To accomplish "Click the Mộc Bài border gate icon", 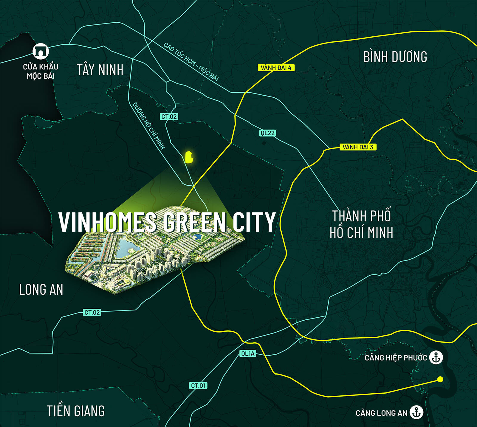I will pos(41,51).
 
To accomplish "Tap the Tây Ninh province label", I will pos(100,70).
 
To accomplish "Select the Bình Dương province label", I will pos(395,57).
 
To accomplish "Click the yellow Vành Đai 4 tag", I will pos(276,68).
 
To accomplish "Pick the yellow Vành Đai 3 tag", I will pos(358,147).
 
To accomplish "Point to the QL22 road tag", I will pos(267,133).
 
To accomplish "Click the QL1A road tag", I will pos(248,353).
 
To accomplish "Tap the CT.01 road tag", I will pos(198,385).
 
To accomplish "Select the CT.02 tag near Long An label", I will pos(92,312).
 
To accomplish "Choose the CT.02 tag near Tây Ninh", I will pos(169,117).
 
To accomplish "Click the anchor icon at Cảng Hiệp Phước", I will pos(436,357).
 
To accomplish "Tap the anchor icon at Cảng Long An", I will pos(416,412).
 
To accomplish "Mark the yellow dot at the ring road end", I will pos(440,379).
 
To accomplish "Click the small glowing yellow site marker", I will pos(189,157).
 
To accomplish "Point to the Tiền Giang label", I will pos(76,411).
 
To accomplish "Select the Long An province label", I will pos(41,290).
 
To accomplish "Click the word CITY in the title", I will pos(254,222).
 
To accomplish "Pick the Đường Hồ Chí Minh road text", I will pos(149,125).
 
